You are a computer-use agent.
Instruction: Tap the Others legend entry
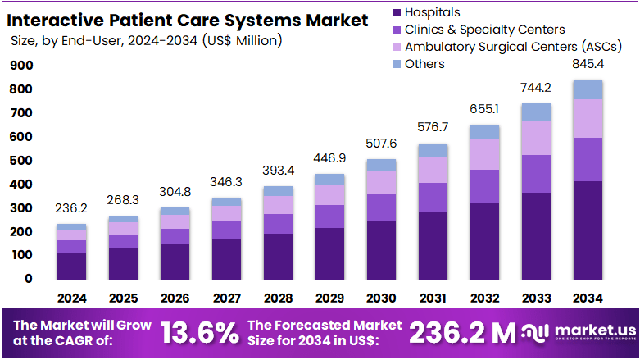[424, 64]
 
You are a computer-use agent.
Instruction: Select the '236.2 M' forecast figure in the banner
[463, 332]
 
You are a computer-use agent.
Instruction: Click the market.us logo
[579, 332]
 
